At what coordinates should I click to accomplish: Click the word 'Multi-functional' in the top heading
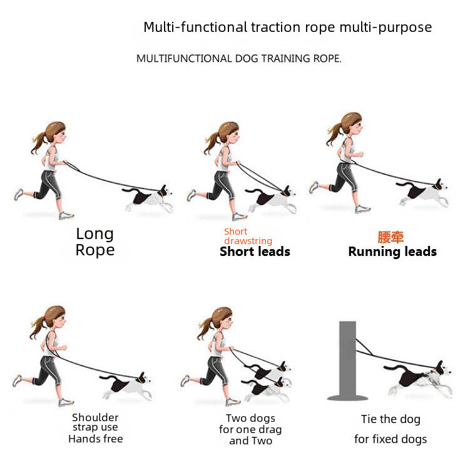(195, 28)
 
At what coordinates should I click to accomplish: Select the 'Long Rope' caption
(95, 242)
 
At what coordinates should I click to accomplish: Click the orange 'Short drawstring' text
(248, 236)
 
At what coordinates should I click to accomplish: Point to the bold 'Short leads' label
(255, 252)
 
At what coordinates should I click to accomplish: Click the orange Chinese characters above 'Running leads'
(391, 237)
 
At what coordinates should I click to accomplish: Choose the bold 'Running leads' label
(392, 252)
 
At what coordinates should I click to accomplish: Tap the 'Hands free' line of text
(96, 439)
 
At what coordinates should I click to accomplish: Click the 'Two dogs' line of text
(250, 418)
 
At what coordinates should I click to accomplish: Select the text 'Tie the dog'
(391, 419)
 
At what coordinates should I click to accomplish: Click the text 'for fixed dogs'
(391, 439)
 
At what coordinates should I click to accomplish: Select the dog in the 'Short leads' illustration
(271, 200)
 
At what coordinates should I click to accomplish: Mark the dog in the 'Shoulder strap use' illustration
(126, 386)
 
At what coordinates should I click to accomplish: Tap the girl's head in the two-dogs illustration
(222, 319)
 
